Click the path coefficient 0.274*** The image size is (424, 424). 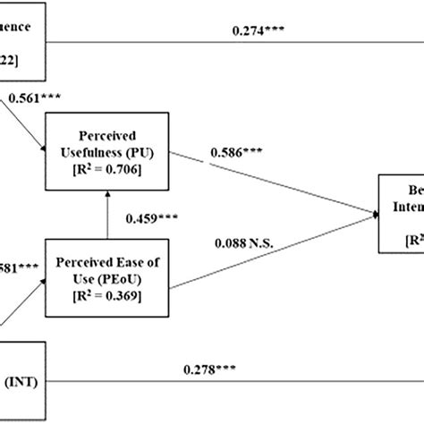(259, 30)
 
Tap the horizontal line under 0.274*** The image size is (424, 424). (233, 42)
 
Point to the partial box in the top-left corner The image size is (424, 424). (22, 36)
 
